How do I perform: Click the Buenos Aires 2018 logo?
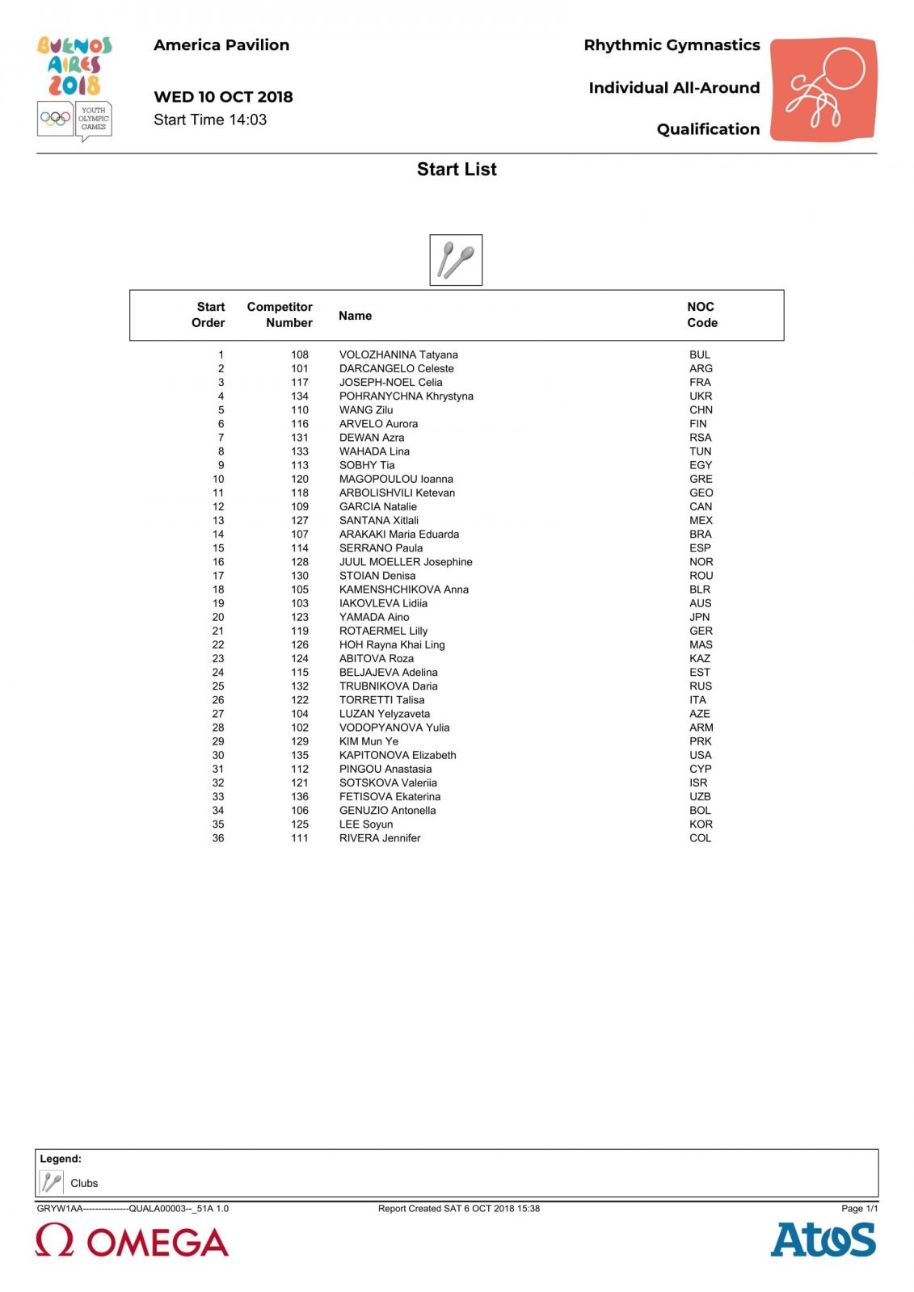pyautogui.click(x=74, y=67)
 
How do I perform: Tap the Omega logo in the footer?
pyautogui.click(x=132, y=1241)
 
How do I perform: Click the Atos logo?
pyautogui.click(x=822, y=1240)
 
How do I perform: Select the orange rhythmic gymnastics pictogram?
pyautogui.click(x=823, y=89)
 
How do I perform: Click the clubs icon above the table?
pyautogui.click(x=456, y=260)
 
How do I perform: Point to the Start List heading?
pyautogui.click(x=457, y=170)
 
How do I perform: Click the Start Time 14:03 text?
pyautogui.click(x=210, y=120)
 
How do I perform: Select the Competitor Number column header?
pyautogui.click(x=280, y=315)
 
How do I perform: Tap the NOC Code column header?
pyautogui.click(x=701, y=315)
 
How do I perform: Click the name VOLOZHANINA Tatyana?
pyautogui.click(x=398, y=354)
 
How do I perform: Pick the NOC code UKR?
pyautogui.click(x=701, y=396)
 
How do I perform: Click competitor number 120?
pyautogui.click(x=300, y=479)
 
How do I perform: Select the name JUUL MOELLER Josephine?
pyautogui.click(x=406, y=562)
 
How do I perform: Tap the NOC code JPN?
pyautogui.click(x=700, y=617)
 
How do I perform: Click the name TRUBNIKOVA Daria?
pyautogui.click(x=388, y=686)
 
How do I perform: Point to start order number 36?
pyautogui.click(x=218, y=838)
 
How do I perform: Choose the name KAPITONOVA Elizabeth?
pyautogui.click(x=398, y=755)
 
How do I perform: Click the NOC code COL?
pyautogui.click(x=701, y=838)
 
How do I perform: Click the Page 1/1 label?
pyautogui.click(x=859, y=1209)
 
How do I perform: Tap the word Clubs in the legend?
pyautogui.click(x=84, y=1184)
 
